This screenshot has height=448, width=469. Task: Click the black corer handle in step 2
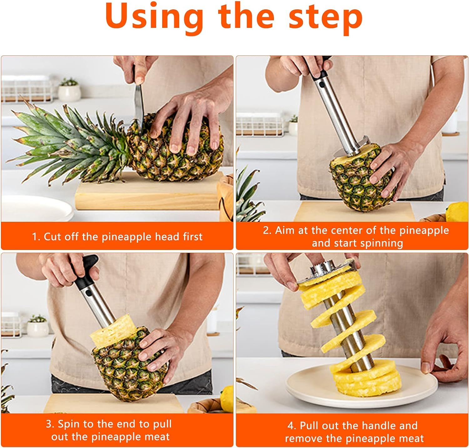[322, 67]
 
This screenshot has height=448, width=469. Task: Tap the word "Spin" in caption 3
[68, 424]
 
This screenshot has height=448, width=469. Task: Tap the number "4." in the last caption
[292, 426]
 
